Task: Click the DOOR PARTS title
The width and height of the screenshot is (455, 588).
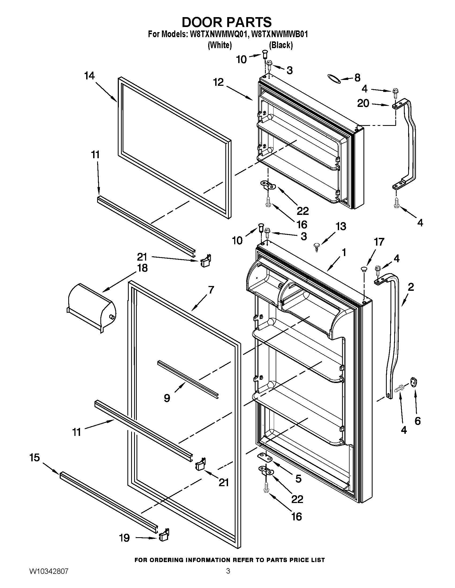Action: (x=227, y=22)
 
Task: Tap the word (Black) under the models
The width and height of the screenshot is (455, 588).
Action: (x=281, y=45)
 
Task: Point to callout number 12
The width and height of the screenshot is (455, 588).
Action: (x=218, y=82)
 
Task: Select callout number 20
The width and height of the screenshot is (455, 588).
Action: (x=363, y=103)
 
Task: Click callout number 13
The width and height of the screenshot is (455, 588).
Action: (x=341, y=226)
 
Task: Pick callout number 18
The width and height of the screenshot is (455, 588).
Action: (x=143, y=268)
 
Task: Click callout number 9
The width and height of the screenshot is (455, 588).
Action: (x=167, y=398)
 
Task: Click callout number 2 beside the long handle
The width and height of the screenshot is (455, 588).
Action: (x=411, y=287)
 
